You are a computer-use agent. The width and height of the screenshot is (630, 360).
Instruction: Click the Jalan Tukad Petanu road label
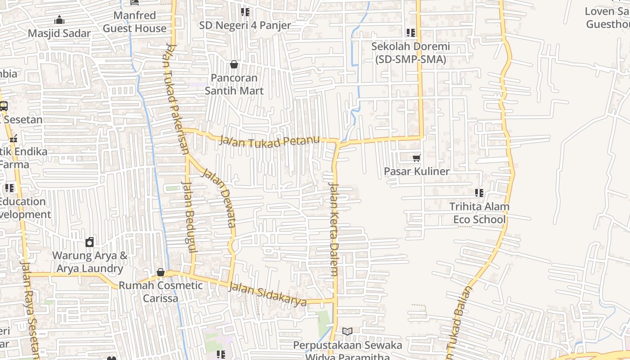pyautogui.click(x=270, y=141)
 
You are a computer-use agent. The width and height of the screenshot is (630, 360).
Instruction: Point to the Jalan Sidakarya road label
pyautogui.click(x=268, y=293)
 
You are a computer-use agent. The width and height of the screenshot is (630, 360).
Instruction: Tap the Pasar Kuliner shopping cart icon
pyautogui.click(x=417, y=158)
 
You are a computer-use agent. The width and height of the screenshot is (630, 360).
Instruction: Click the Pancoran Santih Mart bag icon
pyautogui.click(x=234, y=65)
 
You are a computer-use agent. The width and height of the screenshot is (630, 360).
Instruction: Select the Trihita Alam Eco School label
pyautogui.click(x=479, y=213)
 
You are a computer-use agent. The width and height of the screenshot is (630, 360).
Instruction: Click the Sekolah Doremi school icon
pyautogui.click(x=410, y=33)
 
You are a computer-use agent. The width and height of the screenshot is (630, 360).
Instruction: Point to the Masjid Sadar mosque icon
pyautogui.click(x=59, y=20)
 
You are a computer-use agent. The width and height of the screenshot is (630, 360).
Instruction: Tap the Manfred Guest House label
pyautogui.click(x=135, y=22)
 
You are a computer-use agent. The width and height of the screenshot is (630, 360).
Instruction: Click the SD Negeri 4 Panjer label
pyautogui.click(x=245, y=26)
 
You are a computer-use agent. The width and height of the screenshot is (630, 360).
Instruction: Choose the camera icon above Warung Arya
pyautogui.click(x=90, y=242)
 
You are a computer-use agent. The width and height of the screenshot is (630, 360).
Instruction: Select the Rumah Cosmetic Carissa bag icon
pyautogui.click(x=160, y=272)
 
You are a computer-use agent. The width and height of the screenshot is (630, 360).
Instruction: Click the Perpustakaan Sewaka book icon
pyautogui.click(x=347, y=332)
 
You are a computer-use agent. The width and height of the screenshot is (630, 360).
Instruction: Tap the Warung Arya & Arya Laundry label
pyautogui.click(x=90, y=262)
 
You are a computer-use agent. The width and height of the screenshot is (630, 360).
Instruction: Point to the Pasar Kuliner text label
pyautogui.click(x=417, y=171)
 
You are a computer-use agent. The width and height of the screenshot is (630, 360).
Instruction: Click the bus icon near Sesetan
pyautogui.click(x=4, y=106)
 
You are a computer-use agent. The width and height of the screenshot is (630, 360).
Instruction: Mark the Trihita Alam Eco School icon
pyautogui.click(x=479, y=193)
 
